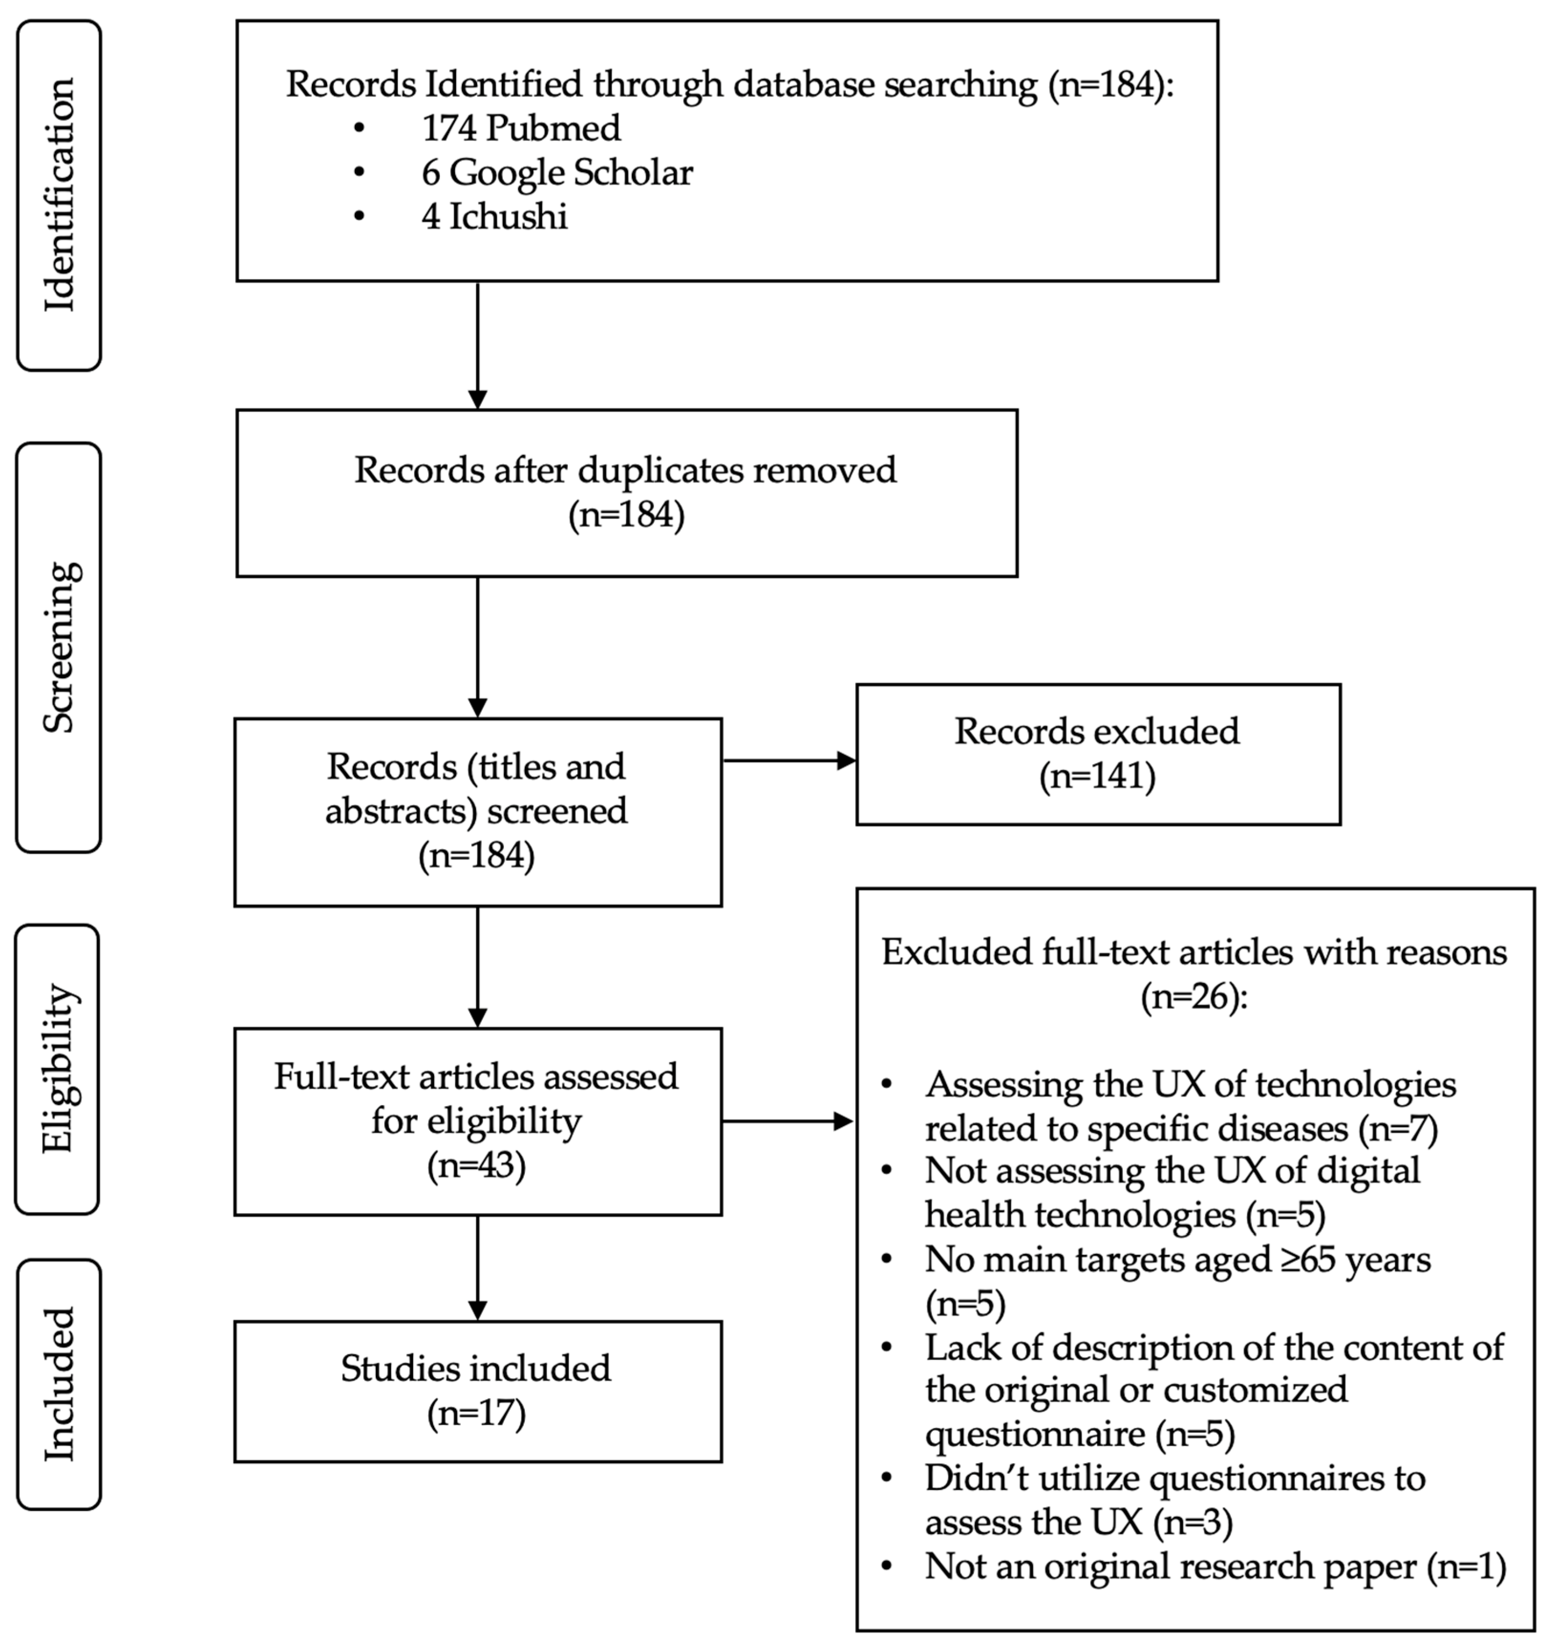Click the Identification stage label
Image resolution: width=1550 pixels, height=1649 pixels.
(59, 195)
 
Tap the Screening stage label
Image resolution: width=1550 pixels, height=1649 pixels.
(59, 647)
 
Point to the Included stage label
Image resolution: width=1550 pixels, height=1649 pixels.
(59, 1383)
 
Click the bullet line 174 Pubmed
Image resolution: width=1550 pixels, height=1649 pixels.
(521, 128)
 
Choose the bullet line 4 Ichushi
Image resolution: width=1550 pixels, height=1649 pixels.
(494, 216)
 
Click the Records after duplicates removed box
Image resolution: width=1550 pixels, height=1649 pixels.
(626, 493)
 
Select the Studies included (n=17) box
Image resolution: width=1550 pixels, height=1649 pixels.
(477, 1391)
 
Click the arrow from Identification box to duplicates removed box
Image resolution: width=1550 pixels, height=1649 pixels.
(478, 344)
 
